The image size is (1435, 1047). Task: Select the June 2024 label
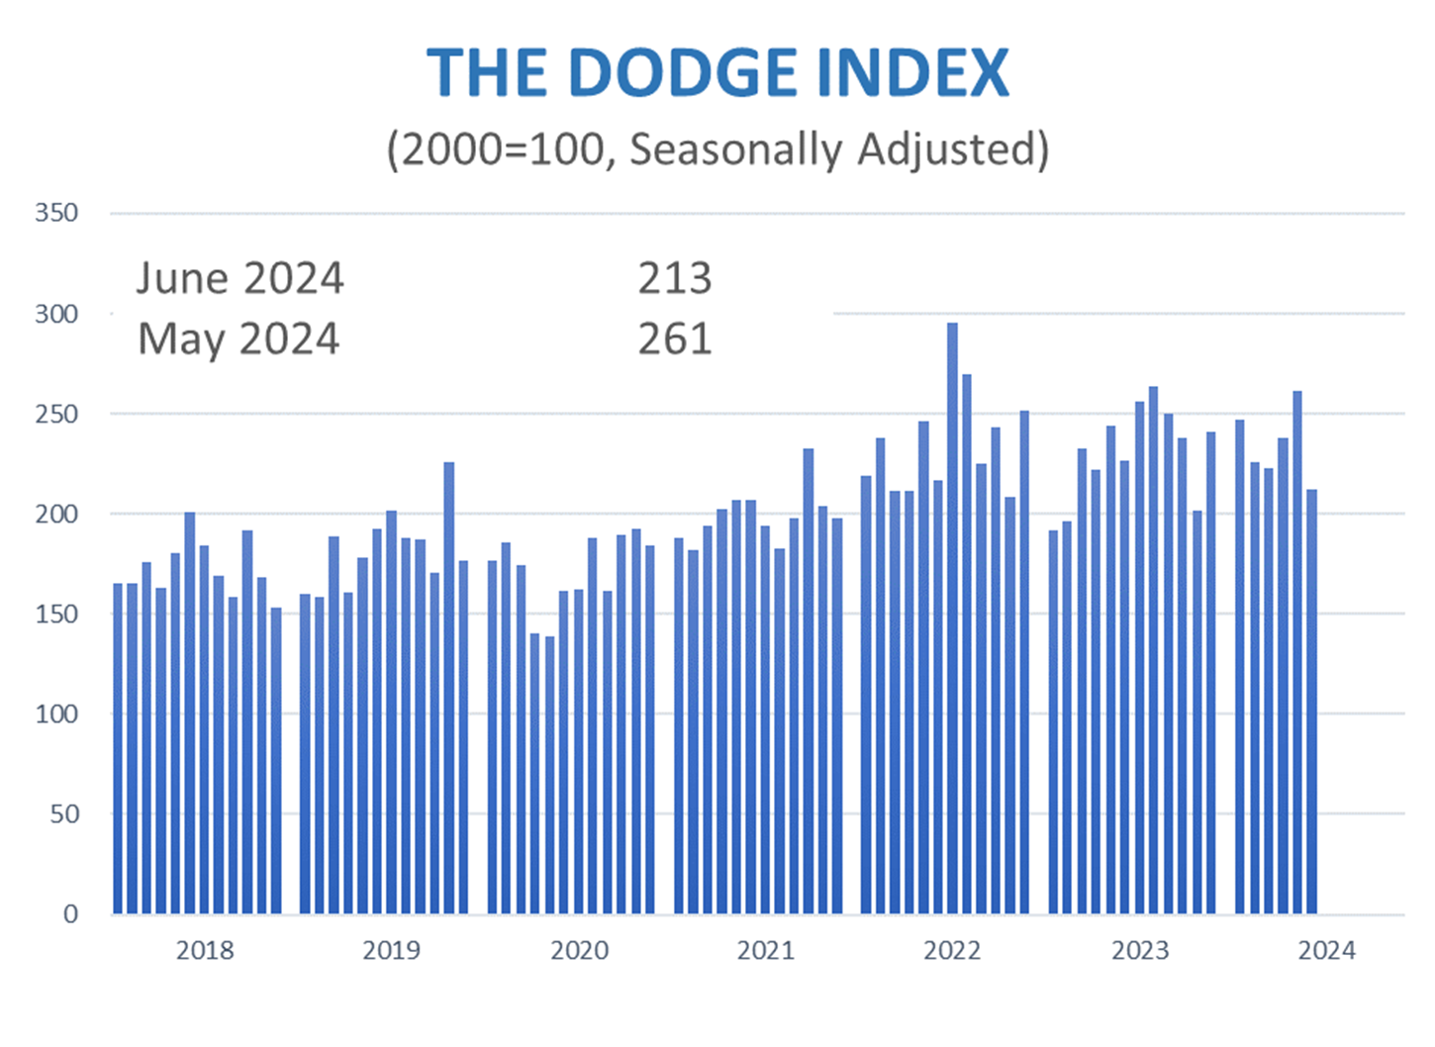pos(239,278)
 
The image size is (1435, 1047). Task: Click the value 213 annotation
pos(674,278)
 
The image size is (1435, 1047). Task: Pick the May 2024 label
pos(239,339)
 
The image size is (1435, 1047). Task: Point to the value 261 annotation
pos(674,339)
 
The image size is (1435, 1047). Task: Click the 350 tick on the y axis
pos(56,213)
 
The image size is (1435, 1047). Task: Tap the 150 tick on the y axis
pos(56,614)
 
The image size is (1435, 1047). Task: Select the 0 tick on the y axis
pos(70,913)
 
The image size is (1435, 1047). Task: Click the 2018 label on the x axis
pos(205,950)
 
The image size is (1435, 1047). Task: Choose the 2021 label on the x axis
pos(766,950)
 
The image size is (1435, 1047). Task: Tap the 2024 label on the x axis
pos(1326,950)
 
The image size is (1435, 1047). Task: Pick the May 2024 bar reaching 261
pos(1297,653)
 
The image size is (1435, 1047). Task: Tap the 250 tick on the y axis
pos(56,414)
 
